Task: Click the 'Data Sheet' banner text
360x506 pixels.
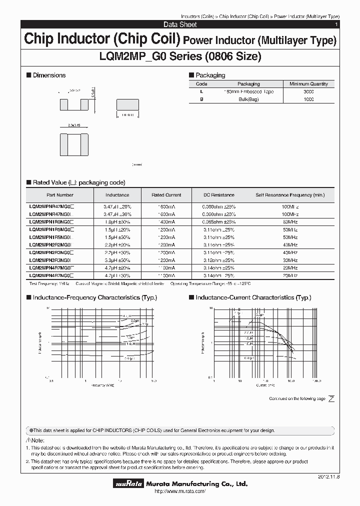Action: (180, 24)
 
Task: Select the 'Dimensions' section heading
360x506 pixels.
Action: (49, 75)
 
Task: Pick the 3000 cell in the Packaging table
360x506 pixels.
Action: (308, 92)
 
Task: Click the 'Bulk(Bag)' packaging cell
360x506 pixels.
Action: (248, 99)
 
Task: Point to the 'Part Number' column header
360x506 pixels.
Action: (60, 195)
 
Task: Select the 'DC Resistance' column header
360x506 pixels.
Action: (218, 195)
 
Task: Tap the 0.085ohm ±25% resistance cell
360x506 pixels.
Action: (218, 221)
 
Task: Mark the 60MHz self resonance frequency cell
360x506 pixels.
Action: (289, 221)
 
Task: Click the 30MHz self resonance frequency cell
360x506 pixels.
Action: (289, 260)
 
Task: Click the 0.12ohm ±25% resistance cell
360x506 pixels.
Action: (218, 260)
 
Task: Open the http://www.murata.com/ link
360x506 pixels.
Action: (180, 492)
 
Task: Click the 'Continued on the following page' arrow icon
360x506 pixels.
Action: (331, 398)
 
